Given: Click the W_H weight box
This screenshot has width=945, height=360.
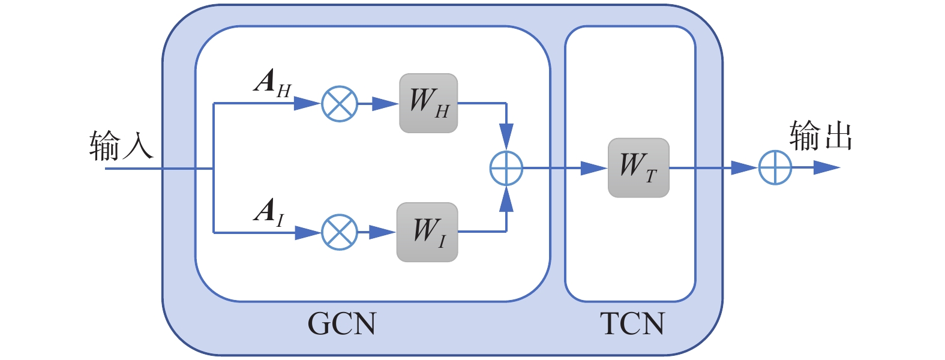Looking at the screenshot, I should [428, 103].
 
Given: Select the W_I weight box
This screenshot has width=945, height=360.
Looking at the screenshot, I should [427, 232].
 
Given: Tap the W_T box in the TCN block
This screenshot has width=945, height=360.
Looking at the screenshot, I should [638, 168].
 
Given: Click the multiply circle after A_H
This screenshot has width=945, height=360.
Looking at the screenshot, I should [340, 104].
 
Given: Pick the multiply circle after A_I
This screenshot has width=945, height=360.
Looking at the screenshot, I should [340, 232].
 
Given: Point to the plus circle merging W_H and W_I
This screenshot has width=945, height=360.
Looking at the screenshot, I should [506, 168].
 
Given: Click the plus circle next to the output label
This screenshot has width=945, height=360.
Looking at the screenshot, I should [775, 168].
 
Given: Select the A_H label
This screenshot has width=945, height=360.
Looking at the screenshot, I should [272, 82].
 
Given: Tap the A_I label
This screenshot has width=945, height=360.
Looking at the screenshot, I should [269, 212].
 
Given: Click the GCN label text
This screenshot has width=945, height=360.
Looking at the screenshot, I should [342, 323].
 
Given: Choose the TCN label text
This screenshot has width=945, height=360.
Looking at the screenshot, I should [632, 323].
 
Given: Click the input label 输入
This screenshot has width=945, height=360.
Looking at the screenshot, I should [121, 146].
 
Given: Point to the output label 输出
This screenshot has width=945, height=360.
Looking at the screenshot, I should [821, 136].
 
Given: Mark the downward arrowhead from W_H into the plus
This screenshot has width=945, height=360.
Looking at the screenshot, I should [506, 136].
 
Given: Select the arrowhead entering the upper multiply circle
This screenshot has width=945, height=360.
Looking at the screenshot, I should [307, 104].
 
